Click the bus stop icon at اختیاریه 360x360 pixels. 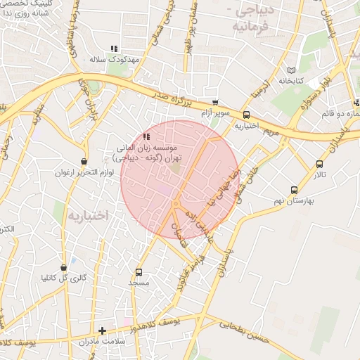point(246,115)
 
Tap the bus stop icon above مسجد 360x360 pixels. point(139,272)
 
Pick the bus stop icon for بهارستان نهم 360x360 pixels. point(294,190)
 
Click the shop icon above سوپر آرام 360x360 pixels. point(214,102)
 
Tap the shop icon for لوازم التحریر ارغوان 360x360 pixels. point(84,162)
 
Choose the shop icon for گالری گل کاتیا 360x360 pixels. point(64,268)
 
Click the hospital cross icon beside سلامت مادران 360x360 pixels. point(102,330)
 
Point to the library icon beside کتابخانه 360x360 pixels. point(292,70)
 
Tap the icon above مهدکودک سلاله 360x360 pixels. point(113,49)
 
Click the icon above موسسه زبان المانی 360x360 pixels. point(146,136)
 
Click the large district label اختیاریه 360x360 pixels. point(88,214)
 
